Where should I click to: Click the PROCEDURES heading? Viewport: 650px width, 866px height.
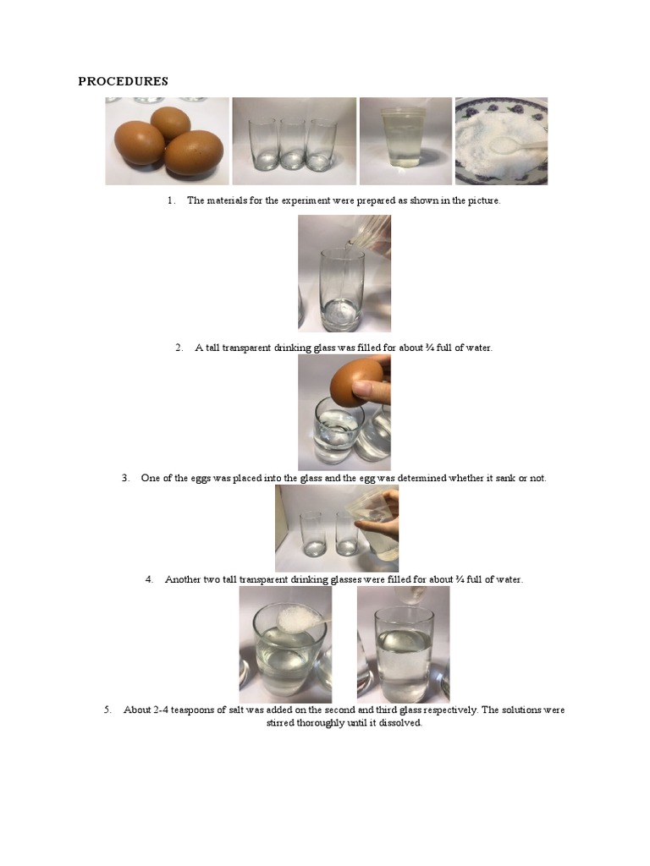click(123, 81)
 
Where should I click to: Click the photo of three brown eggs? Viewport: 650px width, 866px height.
click(167, 140)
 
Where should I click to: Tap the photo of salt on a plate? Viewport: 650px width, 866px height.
click(501, 140)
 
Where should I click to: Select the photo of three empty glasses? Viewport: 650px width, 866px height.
click(294, 140)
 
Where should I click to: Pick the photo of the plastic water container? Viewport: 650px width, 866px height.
click(405, 140)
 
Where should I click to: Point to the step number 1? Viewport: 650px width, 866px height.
click(170, 200)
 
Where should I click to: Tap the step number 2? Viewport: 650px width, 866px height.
click(179, 348)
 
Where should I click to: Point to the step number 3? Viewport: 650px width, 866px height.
click(125, 478)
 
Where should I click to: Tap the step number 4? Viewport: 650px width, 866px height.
click(149, 579)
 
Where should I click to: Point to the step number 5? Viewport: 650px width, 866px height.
click(107, 710)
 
